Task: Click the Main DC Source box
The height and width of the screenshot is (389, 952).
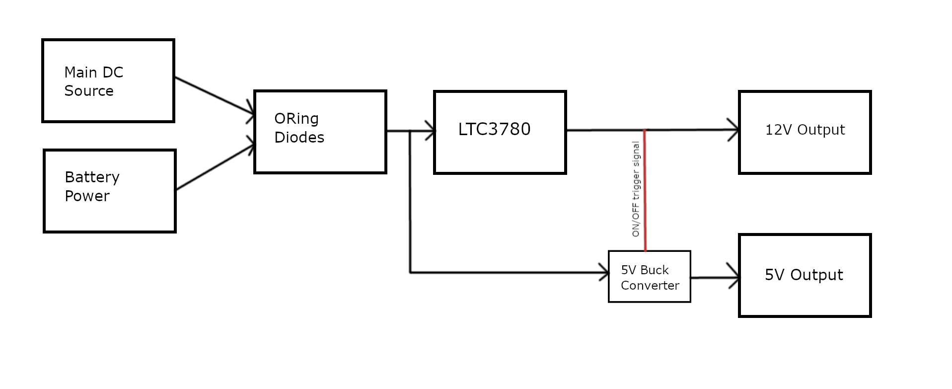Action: (108, 80)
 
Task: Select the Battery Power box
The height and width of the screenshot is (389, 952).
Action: (110, 191)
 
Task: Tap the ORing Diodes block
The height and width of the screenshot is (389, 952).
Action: (320, 132)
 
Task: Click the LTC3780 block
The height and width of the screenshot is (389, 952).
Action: (500, 132)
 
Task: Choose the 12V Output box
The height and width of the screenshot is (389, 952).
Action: (805, 132)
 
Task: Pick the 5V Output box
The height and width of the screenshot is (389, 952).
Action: (805, 275)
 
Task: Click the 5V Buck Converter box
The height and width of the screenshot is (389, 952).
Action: (650, 277)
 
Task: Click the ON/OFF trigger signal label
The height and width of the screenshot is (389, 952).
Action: (636, 189)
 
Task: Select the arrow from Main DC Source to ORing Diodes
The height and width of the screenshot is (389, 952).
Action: (214, 96)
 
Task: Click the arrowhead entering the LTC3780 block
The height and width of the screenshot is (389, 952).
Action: (430, 131)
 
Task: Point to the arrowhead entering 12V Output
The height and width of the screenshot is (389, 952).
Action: (733, 130)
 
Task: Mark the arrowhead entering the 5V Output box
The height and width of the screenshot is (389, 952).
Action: (733, 277)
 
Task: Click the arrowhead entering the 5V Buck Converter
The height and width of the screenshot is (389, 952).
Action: (604, 272)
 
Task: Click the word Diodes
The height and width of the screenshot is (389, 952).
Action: (299, 138)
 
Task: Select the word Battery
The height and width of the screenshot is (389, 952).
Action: (92, 177)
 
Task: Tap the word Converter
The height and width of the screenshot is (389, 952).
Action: (650, 286)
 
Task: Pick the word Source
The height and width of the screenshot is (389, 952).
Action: (89, 91)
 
